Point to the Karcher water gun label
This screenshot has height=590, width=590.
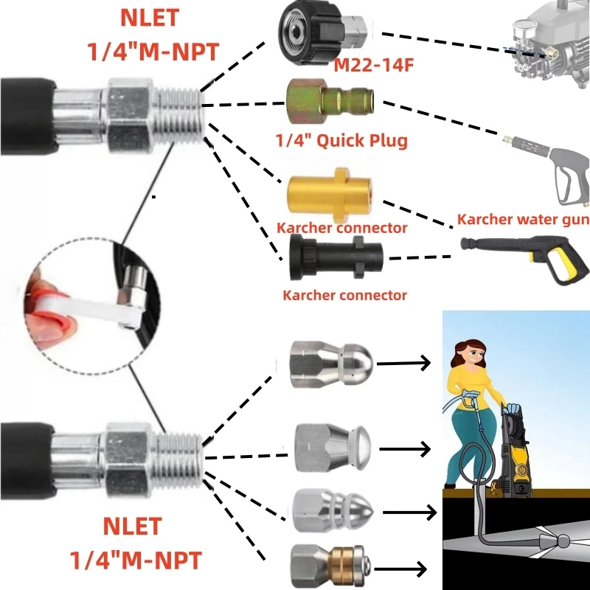[523, 219]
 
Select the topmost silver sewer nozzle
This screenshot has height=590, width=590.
[333, 361]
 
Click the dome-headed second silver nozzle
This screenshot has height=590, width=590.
[332, 447]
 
